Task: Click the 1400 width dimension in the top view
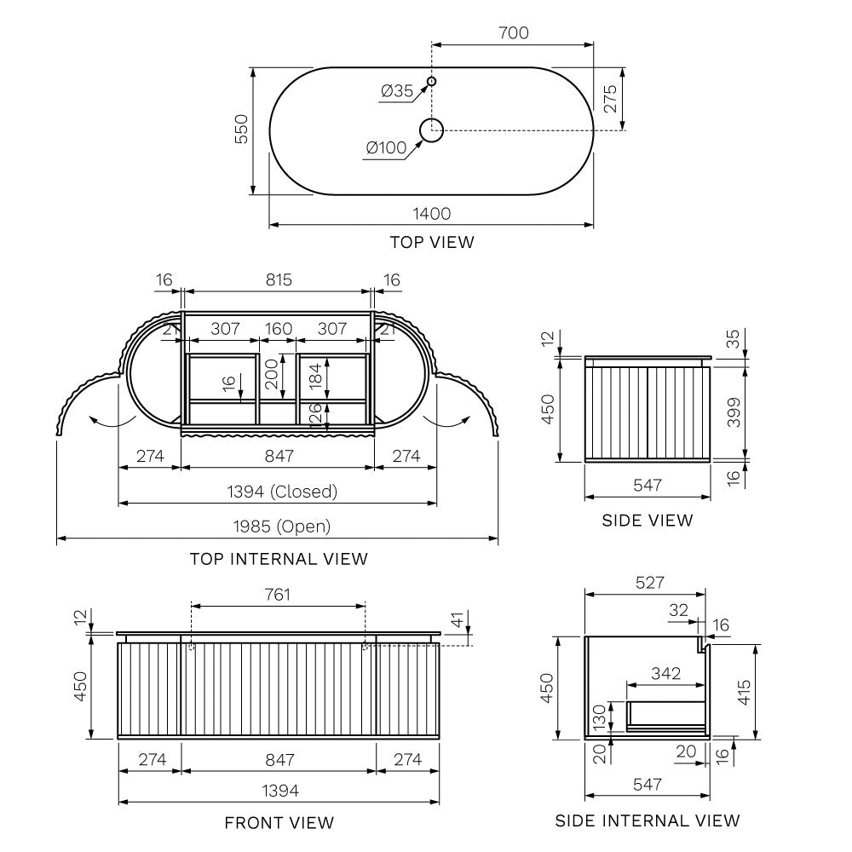[x=431, y=214]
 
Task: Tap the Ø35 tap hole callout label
[x=397, y=91]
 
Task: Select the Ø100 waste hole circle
[x=431, y=130]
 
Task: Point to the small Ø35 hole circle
[x=431, y=82]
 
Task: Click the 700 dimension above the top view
[x=514, y=32]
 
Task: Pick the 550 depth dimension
[x=241, y=130]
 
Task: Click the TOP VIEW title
[x=432, y=242]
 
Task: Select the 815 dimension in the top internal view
[x=279, y=279]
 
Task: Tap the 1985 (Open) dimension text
[x=282, y=526]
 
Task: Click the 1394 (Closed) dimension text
[x=282, y=492]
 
